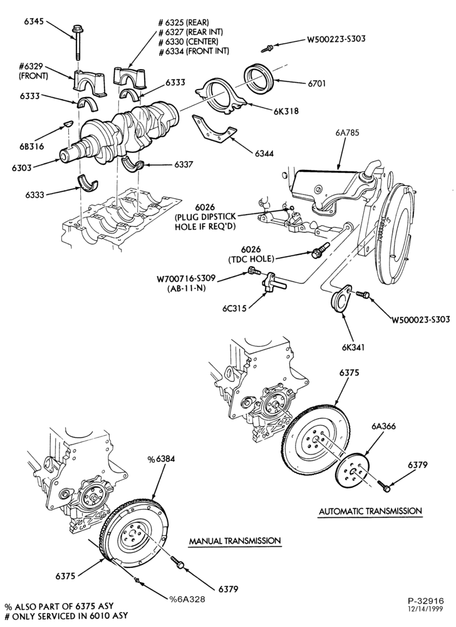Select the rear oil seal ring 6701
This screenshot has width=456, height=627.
[x=259, y=78]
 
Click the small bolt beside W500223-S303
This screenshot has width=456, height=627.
[x=267, y=49]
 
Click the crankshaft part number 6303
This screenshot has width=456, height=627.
[x=21, y=167]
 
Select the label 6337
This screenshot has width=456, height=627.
[x=184, y=164]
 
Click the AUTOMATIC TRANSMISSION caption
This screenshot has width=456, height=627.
[x=370, y=510]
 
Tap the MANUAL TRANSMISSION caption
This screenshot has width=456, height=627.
[x=235, y=540]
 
